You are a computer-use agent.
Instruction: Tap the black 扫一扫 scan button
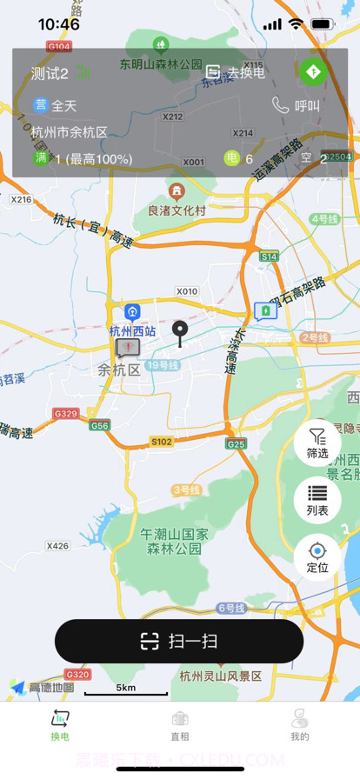pos(179,642)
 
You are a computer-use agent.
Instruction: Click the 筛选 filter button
pos(317,443)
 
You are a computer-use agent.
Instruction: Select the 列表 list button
pos(317,500)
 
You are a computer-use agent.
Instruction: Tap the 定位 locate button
pos(317,556)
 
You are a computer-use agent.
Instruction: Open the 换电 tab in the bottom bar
pos(60,725)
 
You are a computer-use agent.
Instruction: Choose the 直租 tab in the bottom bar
pos(180,725)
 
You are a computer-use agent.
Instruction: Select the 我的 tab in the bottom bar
pos(300,725)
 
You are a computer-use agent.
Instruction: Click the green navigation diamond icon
pos(313,71)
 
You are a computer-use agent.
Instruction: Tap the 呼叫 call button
pos(297,106)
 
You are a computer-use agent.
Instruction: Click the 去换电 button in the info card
pos(236,73)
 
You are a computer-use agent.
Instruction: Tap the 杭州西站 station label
pos(132,330)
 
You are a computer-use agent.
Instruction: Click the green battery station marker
pos(265,310)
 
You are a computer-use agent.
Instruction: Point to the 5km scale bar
pos(126,689)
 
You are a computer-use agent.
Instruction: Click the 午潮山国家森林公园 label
pos(175,541)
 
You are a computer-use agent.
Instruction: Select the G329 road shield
pos(65,413)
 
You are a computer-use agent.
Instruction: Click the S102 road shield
pos(162,442)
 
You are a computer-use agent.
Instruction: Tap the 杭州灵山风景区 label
pos(221,676)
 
